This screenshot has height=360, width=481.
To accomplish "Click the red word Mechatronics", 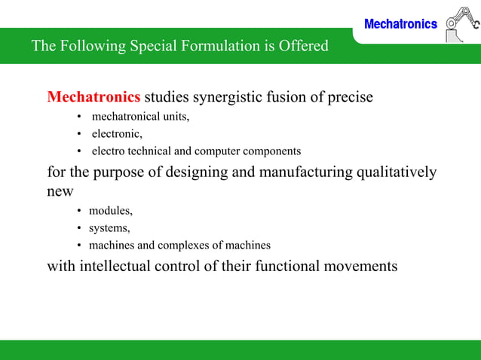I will tap(93, 97).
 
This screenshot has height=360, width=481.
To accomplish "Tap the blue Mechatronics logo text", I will tap(400, 24).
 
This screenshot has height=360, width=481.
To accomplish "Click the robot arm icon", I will tap(461, 25).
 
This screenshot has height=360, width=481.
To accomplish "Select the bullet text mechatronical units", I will tap(140, 117).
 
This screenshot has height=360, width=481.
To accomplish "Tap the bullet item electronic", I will tap(117, 134).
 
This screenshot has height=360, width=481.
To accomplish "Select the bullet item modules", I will tap(111, 210).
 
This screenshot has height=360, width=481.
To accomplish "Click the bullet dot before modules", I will tap(79, 211).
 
